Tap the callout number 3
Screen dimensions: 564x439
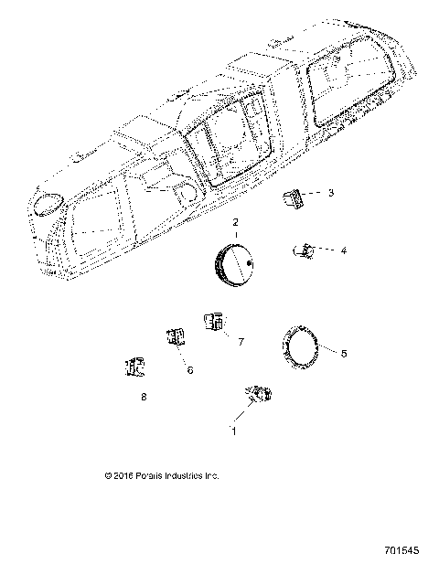click(x=331, y=193)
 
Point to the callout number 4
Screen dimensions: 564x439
click(x=343, y=250)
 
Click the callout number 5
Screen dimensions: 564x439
click(x=343, y=353)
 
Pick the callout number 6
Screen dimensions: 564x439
click(x=190, y=371)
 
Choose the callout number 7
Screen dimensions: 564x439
click(x=241, y=341)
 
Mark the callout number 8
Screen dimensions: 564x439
click(x=144, y=398)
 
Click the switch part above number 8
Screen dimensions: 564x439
click(x=134, y=367)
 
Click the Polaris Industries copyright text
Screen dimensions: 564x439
click(x=162, y=476)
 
